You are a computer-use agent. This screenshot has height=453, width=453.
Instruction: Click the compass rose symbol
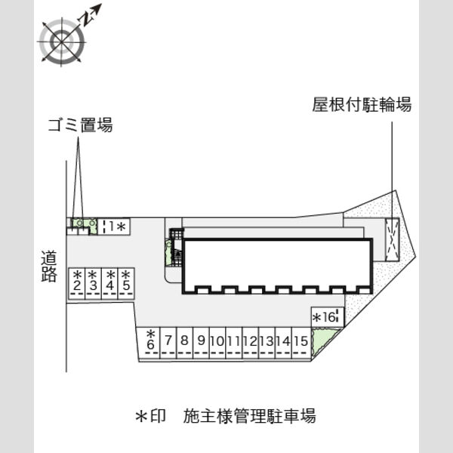click(x=62, y=42)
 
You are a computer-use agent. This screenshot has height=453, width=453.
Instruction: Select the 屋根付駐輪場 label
click(x=362, y=105)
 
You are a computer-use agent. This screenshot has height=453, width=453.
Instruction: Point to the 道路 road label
click(x=49, y=267)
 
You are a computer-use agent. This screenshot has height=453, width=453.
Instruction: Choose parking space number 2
click(x=76, y=282)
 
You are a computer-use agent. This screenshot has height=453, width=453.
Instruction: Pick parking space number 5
click(x=126, y=282)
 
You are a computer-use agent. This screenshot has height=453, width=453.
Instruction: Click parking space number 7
click(x=168, y=341)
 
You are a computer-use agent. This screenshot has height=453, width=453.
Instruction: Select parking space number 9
click(x=201, y=341)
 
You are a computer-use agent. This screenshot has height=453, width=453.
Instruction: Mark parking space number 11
click(x=233, y=341)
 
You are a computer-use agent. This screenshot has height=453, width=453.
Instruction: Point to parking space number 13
click(x=267, y=341)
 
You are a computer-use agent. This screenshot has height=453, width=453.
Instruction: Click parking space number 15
click(x=300, y=341)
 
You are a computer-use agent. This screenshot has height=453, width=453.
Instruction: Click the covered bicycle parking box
click(x=393, y=239)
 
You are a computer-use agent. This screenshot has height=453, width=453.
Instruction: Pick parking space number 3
click(x=93, y=282)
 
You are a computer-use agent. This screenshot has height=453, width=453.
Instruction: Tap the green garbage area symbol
click(x=82, y=223)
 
